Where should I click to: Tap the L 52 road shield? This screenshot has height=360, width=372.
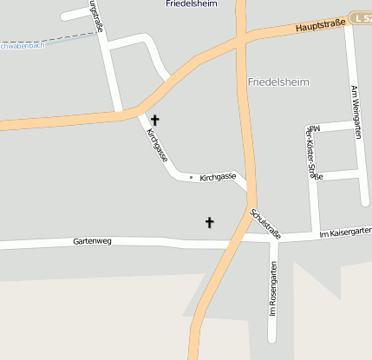(x=363, y=17)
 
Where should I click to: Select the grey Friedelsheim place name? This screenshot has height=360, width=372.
(x=278, y=82)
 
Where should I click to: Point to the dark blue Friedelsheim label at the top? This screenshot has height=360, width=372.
(x=192, y=4)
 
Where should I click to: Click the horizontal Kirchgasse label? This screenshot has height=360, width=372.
(x=218, y=177)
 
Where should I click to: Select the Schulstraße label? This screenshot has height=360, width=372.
(x=265, y=223)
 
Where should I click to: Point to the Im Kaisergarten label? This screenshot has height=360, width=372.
(x=345, y=233)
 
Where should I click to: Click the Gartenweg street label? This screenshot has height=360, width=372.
(x=93, y=240)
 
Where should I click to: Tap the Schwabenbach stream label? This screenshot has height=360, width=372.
(x=21, y=45)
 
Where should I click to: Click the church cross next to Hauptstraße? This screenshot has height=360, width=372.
(x=155, y=120)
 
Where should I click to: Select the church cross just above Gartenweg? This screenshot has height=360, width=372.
(x=209, y=222)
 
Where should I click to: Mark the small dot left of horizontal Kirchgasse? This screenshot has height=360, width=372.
(x=192, y=177)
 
